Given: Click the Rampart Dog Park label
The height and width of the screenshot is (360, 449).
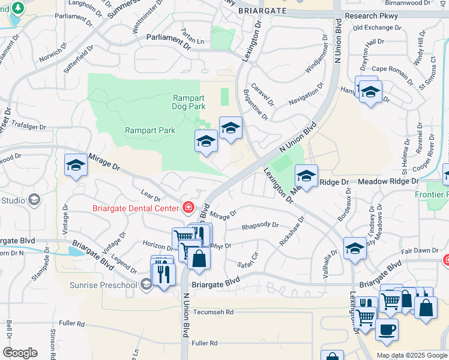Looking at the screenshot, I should pos(189,102).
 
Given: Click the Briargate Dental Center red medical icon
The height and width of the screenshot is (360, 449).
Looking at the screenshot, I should pos(188,208).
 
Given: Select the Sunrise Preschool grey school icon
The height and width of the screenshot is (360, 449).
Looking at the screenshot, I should pos(146,285).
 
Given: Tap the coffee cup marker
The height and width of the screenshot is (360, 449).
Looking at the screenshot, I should pos(387,329).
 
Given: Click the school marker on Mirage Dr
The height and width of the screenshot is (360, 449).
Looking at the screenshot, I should pos(76,166).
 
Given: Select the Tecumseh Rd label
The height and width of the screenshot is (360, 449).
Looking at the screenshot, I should pos(213,312).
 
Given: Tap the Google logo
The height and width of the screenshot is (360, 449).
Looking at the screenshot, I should pos(20,353).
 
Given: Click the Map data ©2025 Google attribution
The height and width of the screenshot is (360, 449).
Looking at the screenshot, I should pos(411,355).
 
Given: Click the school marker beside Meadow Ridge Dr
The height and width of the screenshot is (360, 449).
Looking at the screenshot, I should pos(306,176).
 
